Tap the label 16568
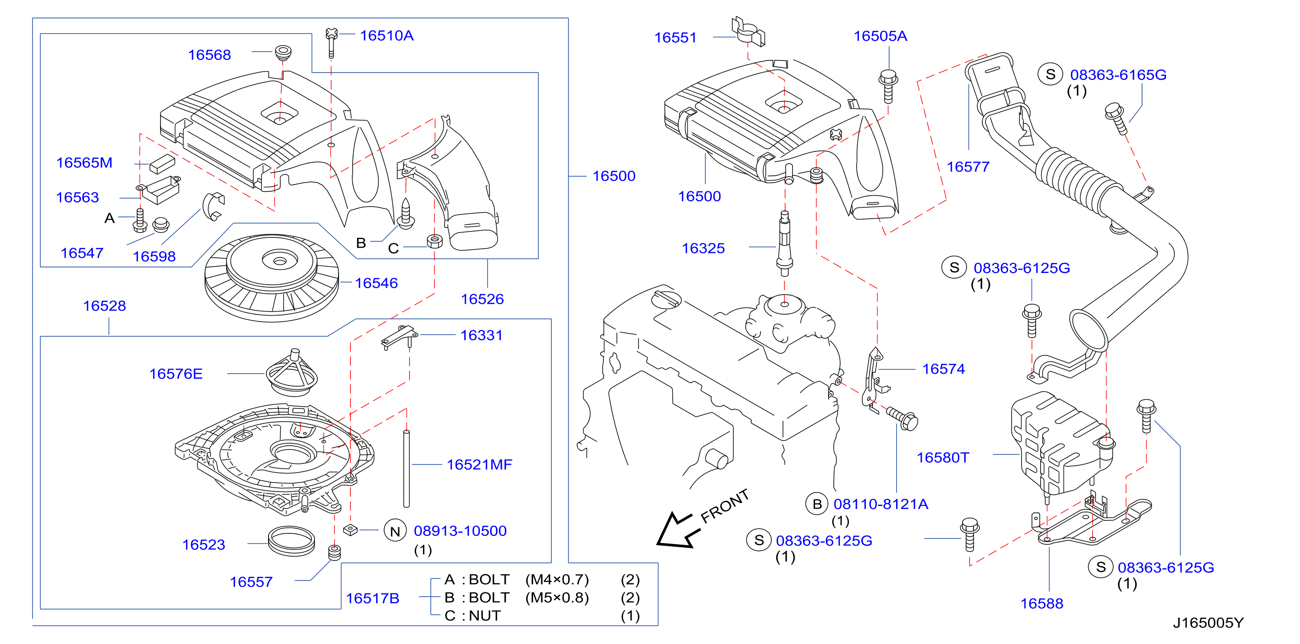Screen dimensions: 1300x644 (210, 55)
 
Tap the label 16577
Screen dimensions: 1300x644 (968, 167)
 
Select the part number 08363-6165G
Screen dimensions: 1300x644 (1118, 75)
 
